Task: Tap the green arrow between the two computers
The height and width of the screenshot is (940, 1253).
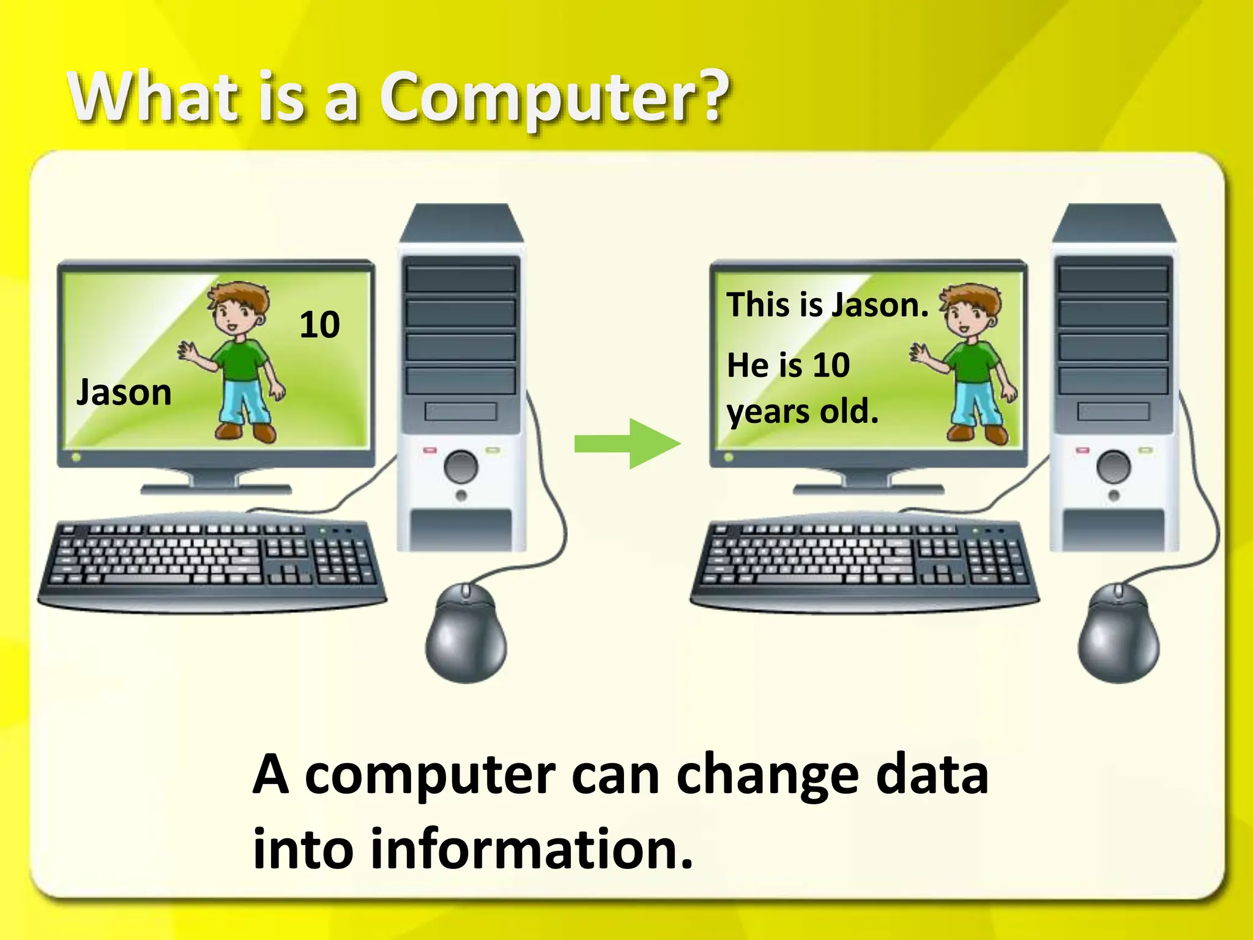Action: pyautogui.click(x=626, y=444)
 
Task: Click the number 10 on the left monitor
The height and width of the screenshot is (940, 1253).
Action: pyautogui.click(x=319, y=324)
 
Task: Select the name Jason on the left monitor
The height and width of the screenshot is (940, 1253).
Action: pyautogui.click(x=124, y=392)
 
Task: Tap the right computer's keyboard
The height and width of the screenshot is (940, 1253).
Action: pyautogui.click(x=864, y=560)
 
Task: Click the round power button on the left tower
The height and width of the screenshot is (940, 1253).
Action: pyautogui.click(x=461, y=467)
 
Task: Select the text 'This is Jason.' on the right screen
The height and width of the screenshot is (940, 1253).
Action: pyautogui.click(x=827, y=305)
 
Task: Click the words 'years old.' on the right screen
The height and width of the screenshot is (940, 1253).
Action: pyautogui.click(x=803, y=411)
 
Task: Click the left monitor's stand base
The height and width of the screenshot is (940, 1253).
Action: pyautogui.click(x=216, y=489)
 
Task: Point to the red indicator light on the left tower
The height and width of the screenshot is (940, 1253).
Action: pyautogui.click(x=430, y=451)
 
